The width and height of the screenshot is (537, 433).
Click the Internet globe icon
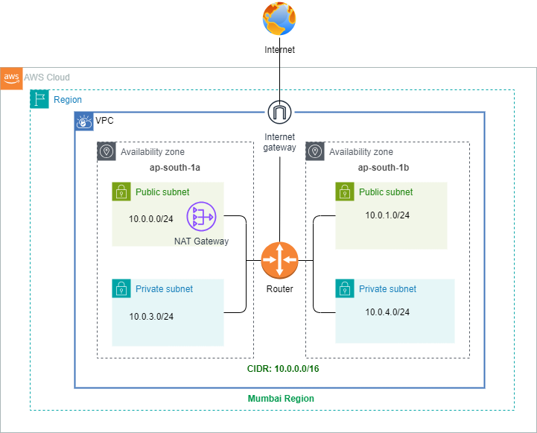279,20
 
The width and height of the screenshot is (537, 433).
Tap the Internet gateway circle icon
279,113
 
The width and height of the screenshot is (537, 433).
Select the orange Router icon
279,261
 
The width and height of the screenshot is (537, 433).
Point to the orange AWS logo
11,78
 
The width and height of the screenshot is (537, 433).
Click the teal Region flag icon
39,99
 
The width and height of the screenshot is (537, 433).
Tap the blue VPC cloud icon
83,121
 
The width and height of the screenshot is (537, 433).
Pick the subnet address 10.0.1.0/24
387,215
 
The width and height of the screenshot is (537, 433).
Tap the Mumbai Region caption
281,399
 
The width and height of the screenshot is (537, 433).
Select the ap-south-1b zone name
384,168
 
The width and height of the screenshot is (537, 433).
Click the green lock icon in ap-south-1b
344,192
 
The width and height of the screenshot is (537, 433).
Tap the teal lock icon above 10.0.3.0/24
121,288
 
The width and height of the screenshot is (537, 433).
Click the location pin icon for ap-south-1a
107,152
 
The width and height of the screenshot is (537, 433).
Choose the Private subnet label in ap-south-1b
387,288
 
